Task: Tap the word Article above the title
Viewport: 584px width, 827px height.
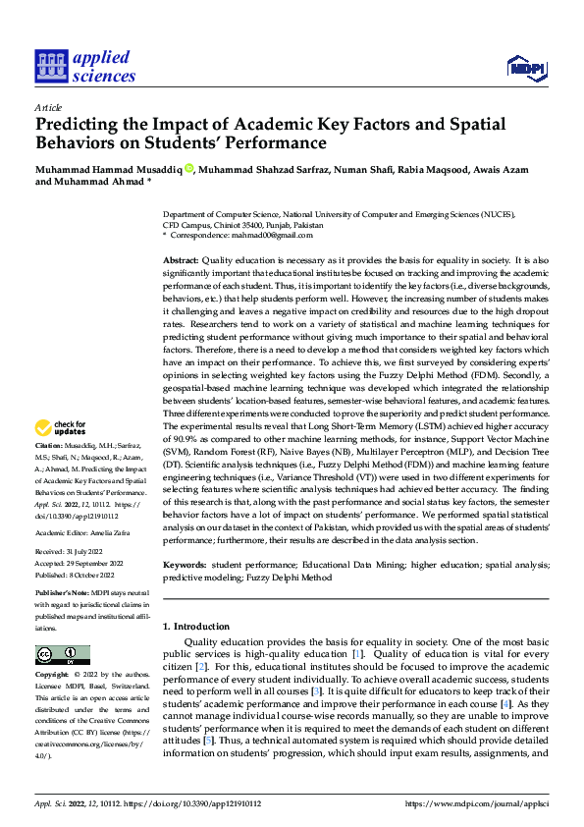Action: pos(48,107)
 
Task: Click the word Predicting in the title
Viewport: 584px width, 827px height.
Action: pos(77,125)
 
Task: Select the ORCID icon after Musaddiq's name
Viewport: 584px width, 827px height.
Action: pos(188,168)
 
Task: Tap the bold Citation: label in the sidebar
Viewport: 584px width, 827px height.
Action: pos(51,446)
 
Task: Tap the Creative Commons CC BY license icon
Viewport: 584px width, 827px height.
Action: pos(62,654)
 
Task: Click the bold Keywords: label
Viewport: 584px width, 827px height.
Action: pos(185,566)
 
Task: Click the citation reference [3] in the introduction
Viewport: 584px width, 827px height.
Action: pos(316,691)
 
